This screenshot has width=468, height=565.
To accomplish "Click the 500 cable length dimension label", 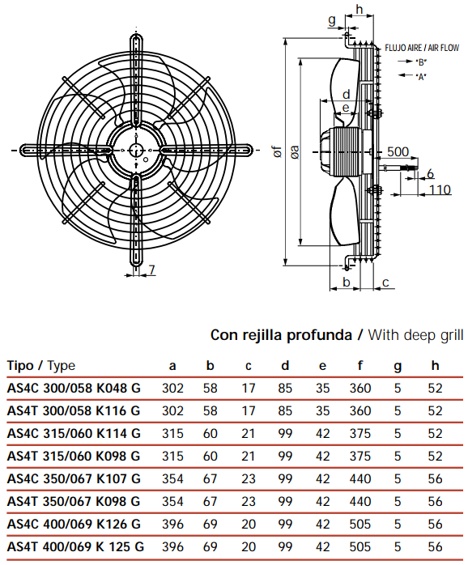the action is point(398,151).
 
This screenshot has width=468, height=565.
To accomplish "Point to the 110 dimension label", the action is point(440,190).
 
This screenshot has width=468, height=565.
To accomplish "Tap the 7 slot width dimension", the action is point(151,270).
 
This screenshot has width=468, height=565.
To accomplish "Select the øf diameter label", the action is point(277,151).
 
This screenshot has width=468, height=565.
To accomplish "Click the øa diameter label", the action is point(295,152).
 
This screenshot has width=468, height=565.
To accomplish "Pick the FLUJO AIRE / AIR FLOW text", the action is point(422,48).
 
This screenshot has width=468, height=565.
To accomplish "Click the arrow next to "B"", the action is point(406,62).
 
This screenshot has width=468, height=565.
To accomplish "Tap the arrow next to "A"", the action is point(406,75).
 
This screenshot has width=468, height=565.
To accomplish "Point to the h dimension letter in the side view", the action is point(360,9).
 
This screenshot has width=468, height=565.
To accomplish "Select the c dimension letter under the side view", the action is point(385,282).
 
